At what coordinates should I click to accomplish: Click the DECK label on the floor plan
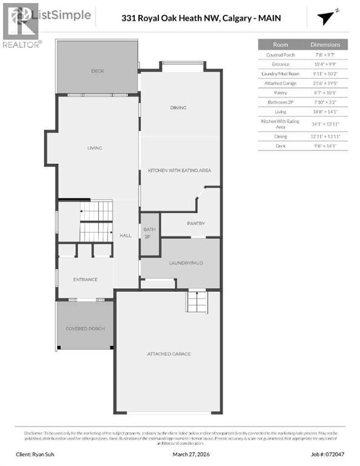click(97, 71)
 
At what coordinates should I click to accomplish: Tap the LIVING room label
click(94, 148)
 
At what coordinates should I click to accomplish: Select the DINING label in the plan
click(178, 108)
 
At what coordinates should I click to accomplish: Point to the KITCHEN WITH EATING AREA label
click(179, 171)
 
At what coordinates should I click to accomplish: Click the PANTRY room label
click(195, 223)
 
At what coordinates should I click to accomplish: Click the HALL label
click(125, 235)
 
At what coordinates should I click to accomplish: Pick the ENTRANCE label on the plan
click(85, 279)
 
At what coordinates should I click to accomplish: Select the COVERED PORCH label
click(85, 328)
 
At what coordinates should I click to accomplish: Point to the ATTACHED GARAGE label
click(168, 353)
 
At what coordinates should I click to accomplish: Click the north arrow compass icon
click(328, 16)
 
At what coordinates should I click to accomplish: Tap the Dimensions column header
click(325, 44)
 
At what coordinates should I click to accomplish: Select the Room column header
click(280, 44)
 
